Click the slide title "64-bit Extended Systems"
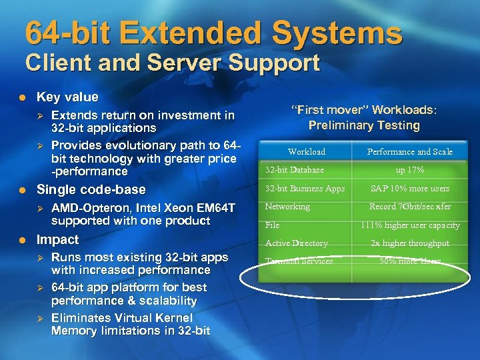click(x=213, y=33)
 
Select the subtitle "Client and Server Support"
click(x=173, y=64)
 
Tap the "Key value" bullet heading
click(x=67, y=97)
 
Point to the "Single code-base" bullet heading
click(x=91, y=189)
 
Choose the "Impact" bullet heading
click(x=57, y=239)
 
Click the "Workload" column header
click(x=307, y=152)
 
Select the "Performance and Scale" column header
click(x=409, y=152)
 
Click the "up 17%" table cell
click(x=409, y=170)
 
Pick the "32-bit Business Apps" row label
click(x=305, y=189)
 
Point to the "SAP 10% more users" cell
click(x=409, y=189)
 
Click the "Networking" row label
click(x=287, y=207)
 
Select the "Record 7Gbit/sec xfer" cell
click(x=409, y=207)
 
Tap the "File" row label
click(x=272, y=225)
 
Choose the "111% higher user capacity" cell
click(x=409, y=225)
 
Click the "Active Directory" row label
click(x=296, y=243)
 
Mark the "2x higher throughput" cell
click(x=409, y=243)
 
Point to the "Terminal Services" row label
click(x=299, y=261)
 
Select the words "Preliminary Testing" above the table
click(x=364, y=125)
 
